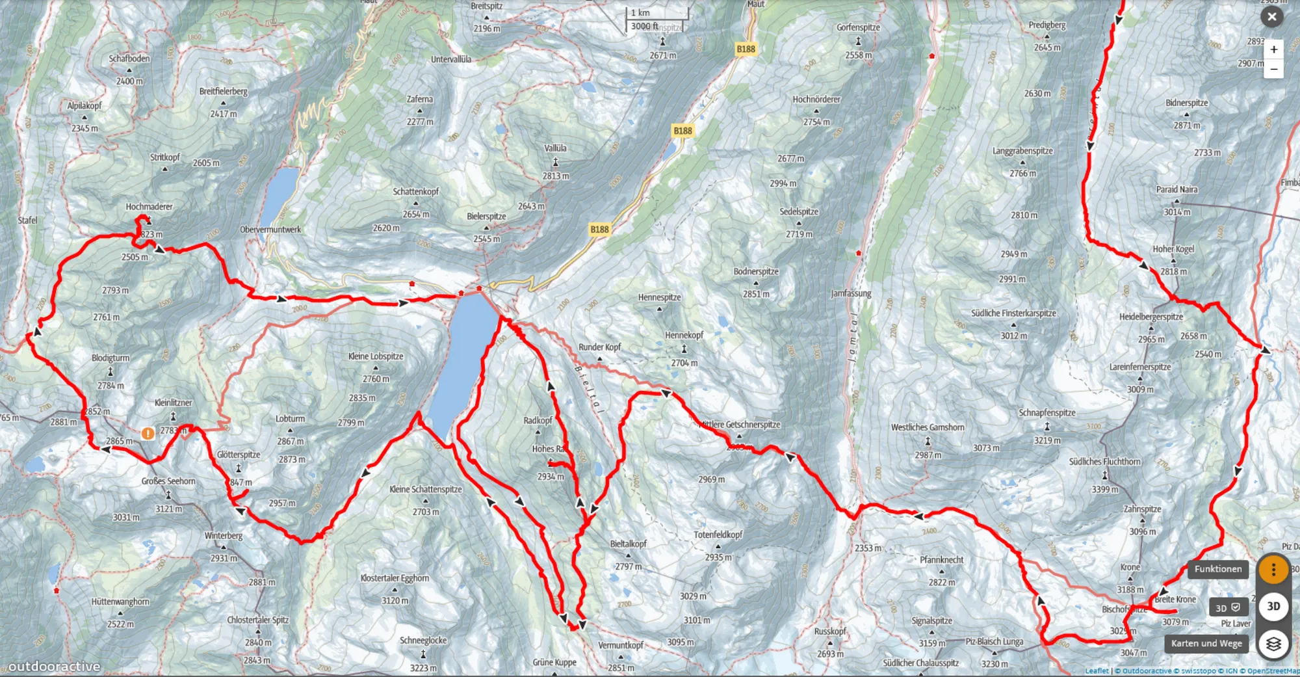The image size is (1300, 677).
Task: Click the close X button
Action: (1272, 17)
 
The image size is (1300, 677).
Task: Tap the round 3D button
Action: (1273, 606)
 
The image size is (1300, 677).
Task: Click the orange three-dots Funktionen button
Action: (1273, 570)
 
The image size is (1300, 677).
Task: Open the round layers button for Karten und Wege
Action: (1273, 643)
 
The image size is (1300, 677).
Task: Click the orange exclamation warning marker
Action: (148, 433)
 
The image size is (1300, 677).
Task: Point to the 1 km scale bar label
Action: (640, 12)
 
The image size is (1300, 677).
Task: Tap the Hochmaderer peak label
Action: (149, 207)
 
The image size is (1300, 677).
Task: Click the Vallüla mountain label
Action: (555, 148)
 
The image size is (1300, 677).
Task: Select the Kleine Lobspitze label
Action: (376, 356)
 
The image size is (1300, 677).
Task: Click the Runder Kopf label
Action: (599, 347)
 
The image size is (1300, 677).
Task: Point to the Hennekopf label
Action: (684, 336)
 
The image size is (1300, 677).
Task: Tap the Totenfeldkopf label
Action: (718, 535)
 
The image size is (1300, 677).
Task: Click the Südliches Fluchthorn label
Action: (1104, 462)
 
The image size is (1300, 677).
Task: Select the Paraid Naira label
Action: (1176, 190)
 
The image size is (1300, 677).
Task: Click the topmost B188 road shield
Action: (746, 49)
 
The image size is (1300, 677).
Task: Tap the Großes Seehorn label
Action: (168, 481)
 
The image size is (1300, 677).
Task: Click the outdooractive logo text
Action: (54, 667)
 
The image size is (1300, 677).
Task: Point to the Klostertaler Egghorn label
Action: (395, 578)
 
